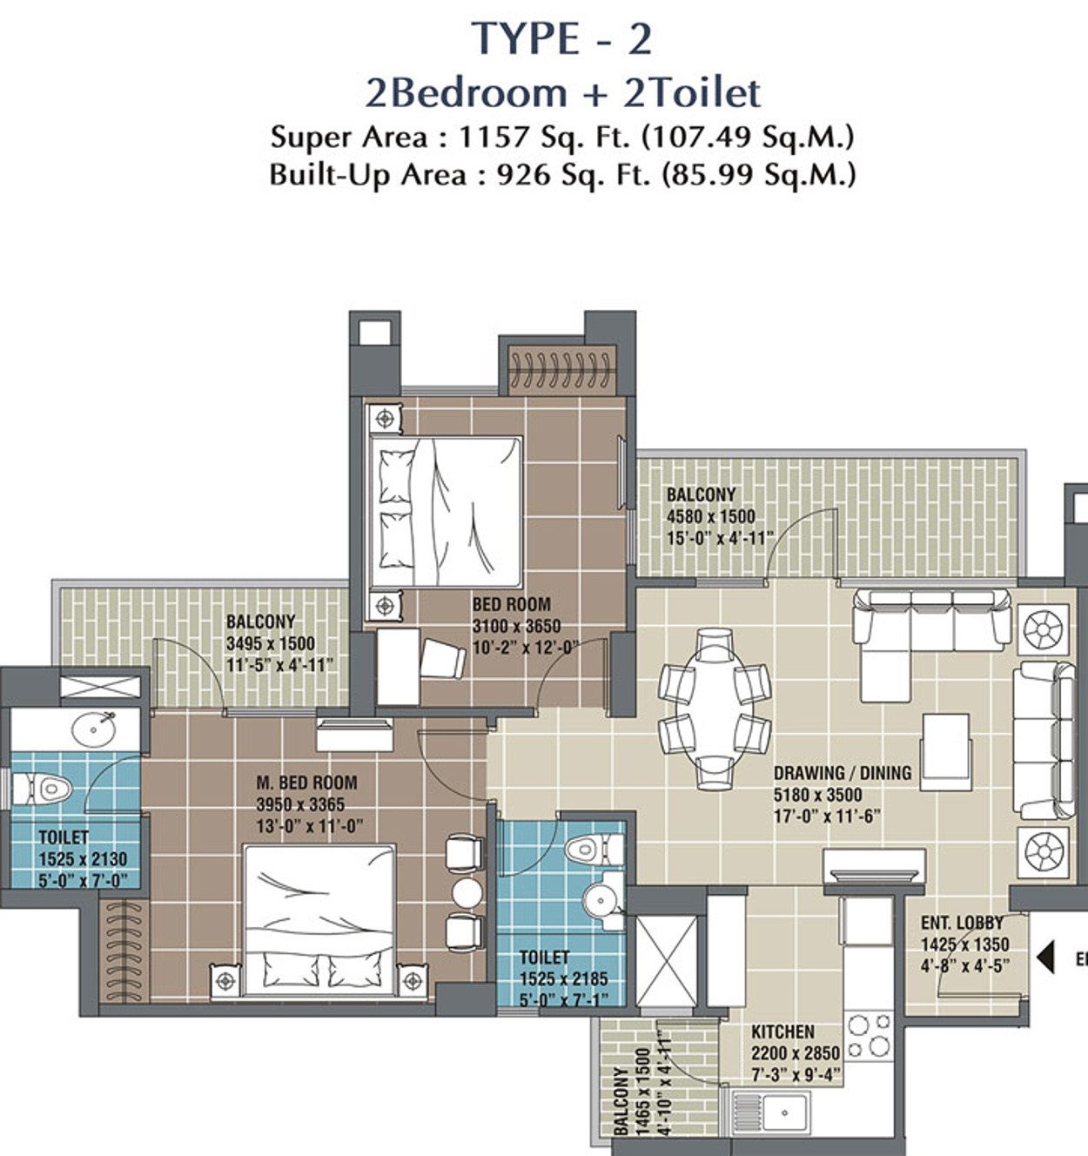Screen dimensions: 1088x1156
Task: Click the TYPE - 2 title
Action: pyautogui.click(x=561, y=39)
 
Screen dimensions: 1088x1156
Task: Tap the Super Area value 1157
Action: pyautogui.click(x=494, y=138)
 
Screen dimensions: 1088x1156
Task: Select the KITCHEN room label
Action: pyautogui.click(x=783, y=1049)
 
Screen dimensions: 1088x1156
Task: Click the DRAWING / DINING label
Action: pyautogui.click(x=843, y=773)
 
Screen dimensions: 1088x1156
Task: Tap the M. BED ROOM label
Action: pyautogui.click(x=306, y=783)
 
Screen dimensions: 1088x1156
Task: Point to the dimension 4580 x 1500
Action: pyautogui.click(x=710, y=516)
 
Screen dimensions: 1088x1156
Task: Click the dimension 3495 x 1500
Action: pyautogui.click(x=270, y=643)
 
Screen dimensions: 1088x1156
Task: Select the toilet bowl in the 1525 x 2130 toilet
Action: pyautogui.click(x=43, y=790)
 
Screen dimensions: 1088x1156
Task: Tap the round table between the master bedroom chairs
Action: pyautogui.click(x=467, y=893)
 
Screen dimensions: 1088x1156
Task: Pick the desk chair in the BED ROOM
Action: pyautogui.click(x=442, y=659)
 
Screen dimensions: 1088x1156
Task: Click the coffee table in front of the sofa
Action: pyautogui.click(x=946, y=752)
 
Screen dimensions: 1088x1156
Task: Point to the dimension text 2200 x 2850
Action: pyautogui.click(x=796, y=1070)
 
